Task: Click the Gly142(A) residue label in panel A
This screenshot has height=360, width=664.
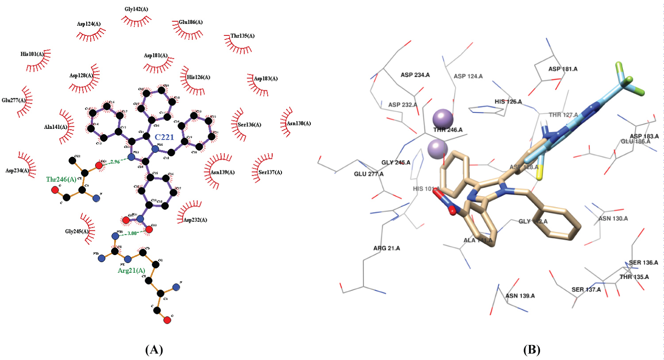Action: (x=136, y=9)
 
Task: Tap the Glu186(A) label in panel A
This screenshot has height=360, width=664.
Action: (x=191, y=22)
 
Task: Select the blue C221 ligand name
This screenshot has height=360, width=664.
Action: (x=164, y=137)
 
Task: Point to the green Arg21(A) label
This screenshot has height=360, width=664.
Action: (x=131, y=271)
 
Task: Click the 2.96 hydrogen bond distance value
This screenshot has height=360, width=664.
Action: (x=115, y=162)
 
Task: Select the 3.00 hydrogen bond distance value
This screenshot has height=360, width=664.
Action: (x=132, y=233)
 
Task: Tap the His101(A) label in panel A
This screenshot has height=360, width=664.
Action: (x=32, y=54)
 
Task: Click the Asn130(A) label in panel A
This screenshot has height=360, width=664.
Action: (x=299, y=124)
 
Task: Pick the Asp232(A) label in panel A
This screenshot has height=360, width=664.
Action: (x=195, y=220)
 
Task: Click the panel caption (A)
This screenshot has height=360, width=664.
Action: (x=154, y=350)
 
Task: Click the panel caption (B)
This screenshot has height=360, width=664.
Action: (x=532, y=350)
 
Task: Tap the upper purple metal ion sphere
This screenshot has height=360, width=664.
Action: (x=443, y=119)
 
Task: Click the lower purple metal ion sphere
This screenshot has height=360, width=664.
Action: (x=438, y=148)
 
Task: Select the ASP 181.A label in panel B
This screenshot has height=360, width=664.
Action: (x=563, y=69)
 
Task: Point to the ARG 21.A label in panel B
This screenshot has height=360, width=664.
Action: (x=386, y=248)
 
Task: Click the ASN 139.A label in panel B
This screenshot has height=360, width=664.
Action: (x=520, y=296)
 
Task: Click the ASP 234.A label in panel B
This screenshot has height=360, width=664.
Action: (x=415, y=75)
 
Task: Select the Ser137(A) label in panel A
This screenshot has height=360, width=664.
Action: (x=270, y=172)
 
